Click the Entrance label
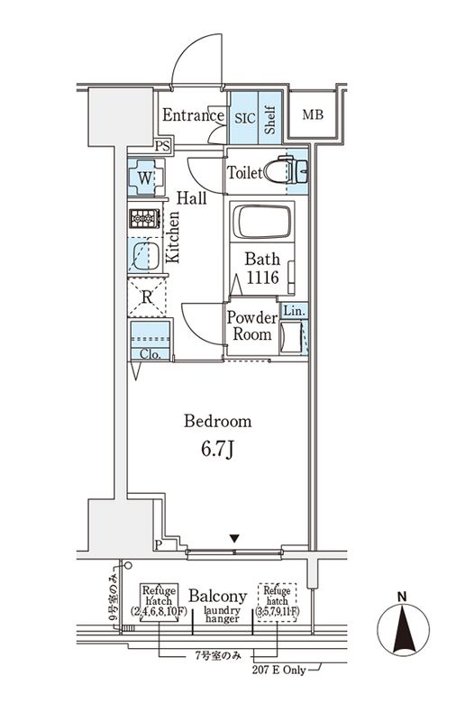click(192, 115)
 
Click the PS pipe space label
click(162, 146)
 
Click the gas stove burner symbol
click(144, 219)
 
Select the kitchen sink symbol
click(143, 255)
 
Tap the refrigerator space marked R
click(144, 297)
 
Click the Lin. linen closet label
click(294, 311)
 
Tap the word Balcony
click(218, 596)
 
